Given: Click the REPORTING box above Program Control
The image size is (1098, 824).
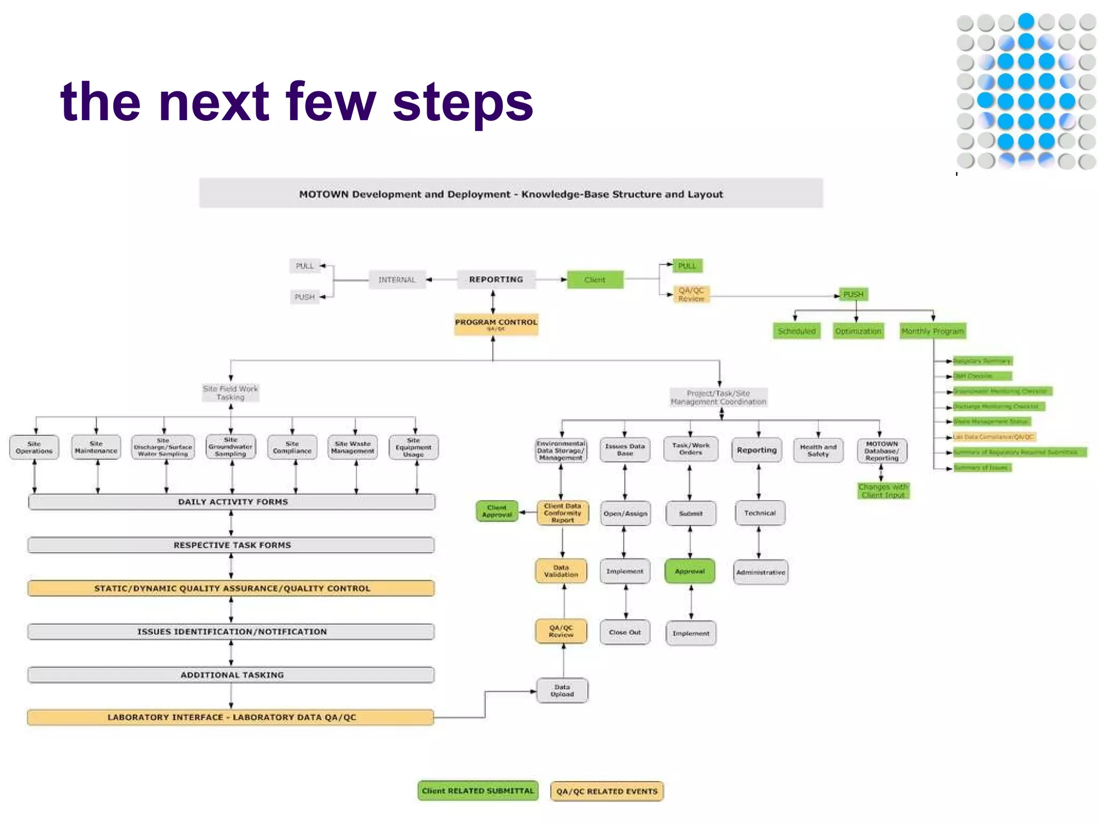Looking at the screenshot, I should pyautogui.click(x=496, y=279).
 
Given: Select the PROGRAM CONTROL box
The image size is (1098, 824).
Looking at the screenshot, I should pyautogui.click(x=496, y=324).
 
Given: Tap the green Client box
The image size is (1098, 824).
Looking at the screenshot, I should pyautogui.click(x=595, y=279).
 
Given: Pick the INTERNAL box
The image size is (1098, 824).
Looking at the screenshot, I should pyautogui.click(x=397, y=279).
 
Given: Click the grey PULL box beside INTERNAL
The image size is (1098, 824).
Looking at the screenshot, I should pyautogui.click(x=305, y=266).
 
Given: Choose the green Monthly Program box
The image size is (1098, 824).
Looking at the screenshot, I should pyautogui.click(x=932, y=331).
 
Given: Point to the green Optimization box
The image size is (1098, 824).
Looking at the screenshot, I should pyautogui.click(x=858, y=331).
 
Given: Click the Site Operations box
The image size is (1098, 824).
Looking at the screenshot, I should pyautogui.click(x=34, y=447).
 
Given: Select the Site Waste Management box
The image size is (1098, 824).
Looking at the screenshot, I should pyautogui.click(x=353, y=447).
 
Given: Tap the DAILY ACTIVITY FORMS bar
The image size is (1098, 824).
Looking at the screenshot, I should pyautogui.click(x=232, y=502).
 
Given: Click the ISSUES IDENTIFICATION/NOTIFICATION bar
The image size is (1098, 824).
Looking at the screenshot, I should pyautogui.click(x=232, y=631).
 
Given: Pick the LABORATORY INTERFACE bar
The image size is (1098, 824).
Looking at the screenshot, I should pyautogui.click(x=231, y=717).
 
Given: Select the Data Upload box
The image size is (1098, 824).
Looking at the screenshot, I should pyautogui.click(x=562, y=690).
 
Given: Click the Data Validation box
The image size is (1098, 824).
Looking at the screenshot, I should pyautogui.click(x=561, y=571).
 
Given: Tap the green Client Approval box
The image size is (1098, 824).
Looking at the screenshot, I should pyautogui.click(x=497, y=511).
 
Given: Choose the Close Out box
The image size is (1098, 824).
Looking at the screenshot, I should pyautogui.click(x=625, y=632).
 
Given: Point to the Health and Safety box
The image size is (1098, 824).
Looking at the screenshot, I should pyautogui.click(x=818, y=450).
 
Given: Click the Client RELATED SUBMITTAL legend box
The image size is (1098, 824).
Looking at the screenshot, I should pyautogui.click(x=478, y=791).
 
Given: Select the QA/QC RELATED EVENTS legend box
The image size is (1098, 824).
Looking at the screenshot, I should pyautogui.click(x=607, y=791).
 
